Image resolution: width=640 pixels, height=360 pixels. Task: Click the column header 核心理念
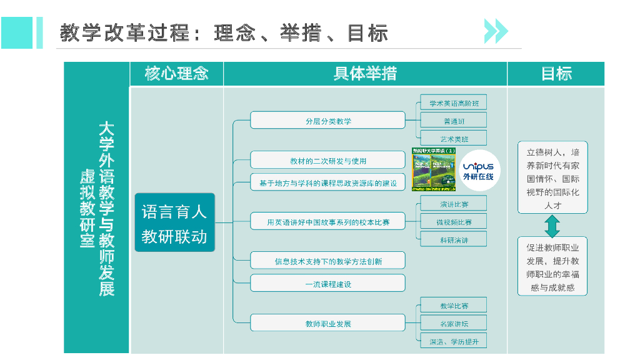[176, 74]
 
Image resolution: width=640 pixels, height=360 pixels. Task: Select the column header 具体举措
[365, 74]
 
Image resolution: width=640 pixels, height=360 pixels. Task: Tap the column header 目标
[556, 74]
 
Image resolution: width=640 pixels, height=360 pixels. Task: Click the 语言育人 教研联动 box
[174, 222]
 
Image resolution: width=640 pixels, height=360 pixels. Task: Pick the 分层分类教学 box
[327, 120]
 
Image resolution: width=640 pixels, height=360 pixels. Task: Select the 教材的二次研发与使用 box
[327, 160]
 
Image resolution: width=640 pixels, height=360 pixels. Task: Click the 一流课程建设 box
[327, 283]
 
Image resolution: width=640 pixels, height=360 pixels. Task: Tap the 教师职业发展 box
[327, 323]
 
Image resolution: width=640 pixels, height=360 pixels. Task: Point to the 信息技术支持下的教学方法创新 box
[327, 261]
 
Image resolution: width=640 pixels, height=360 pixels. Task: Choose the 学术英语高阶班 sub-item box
[453, 103]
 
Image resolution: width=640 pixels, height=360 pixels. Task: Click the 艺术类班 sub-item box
[453, 138]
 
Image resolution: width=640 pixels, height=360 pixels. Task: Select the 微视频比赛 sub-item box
[453, 222]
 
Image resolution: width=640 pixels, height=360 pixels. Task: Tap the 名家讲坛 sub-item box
[453, 323]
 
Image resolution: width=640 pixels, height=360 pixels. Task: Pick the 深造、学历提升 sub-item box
[453, 341]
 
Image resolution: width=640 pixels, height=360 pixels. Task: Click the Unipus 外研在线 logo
[478, 170]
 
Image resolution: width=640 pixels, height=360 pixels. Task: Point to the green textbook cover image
[434, 169]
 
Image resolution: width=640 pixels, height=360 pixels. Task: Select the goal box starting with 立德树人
[552, 177]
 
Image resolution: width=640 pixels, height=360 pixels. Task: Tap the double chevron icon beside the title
[496, 31]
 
